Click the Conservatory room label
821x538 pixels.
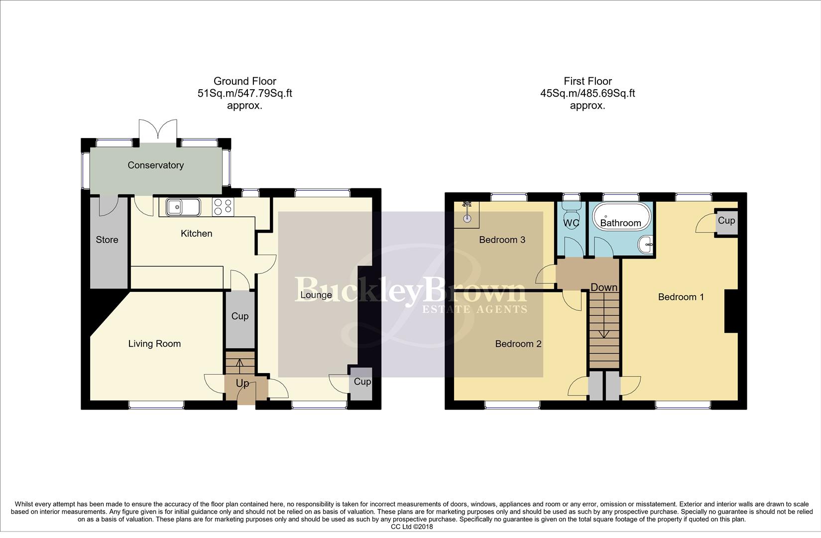155,165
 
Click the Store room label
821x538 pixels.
107,240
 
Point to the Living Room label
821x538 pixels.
154,344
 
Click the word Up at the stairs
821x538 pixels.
242,383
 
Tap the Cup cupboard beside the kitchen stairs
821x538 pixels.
240,316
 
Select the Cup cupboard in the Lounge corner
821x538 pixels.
362,382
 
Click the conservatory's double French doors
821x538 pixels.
158,131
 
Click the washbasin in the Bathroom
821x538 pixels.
646,244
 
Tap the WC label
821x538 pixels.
572,223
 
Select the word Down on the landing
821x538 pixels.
604,287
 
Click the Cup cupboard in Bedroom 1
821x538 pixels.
726,221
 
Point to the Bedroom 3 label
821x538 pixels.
502,240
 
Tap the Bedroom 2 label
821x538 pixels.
518,344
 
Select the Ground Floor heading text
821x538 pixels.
244,81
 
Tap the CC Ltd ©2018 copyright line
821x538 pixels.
412,527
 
